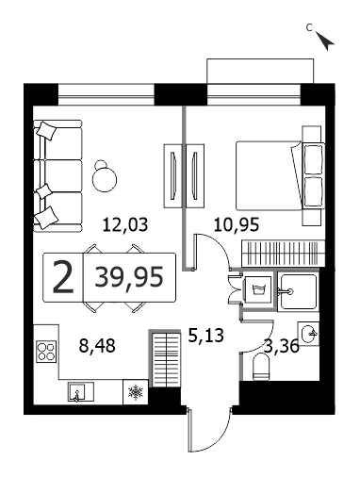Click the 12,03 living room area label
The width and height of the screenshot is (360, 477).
[125, 225]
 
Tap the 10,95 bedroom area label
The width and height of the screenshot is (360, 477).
[237, 225]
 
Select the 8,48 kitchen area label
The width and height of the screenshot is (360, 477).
[97, 346]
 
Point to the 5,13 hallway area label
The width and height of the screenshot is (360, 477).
[206, 336]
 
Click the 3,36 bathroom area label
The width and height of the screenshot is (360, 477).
[282, 347]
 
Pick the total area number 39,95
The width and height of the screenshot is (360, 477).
[129, 277]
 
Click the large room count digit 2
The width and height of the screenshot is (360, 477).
[63, 278]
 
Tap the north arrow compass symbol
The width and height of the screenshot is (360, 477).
[325, 41]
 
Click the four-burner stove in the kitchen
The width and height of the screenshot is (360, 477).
[46, 352]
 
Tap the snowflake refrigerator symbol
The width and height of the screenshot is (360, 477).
[135, 392]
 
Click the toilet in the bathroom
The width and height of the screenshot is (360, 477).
[261, 367]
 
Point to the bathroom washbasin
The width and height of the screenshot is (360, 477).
[308, 334]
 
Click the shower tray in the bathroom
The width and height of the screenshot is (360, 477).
[298, 291]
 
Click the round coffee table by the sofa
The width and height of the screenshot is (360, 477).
[105, 179]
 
